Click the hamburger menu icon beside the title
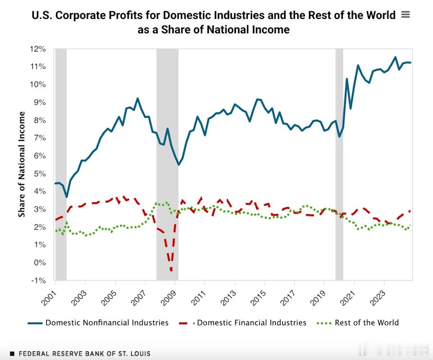[x=405, y=14]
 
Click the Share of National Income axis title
[x=22, y=164]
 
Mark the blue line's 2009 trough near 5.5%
[x=179, y=165]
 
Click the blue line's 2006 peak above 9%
[x=138, y=98]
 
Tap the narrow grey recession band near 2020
[x=339, y=164]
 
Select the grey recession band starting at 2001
[x=61, y=164]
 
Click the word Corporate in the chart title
[x=101, y=15]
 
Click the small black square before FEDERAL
[x=12, y=354]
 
